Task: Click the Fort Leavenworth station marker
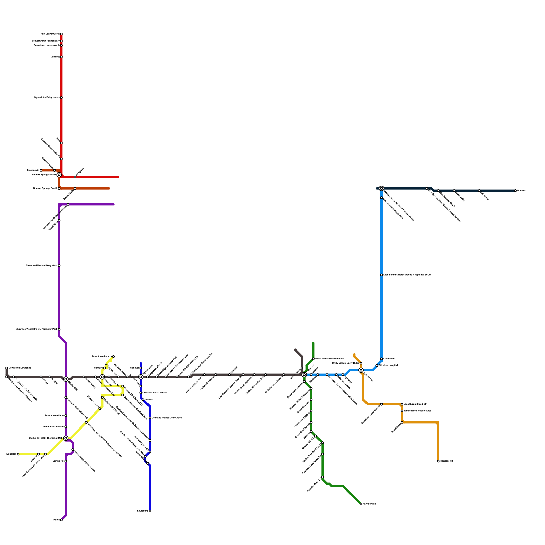61,34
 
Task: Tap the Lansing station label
55,57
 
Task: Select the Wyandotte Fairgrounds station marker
61,98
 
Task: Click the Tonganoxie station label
33,170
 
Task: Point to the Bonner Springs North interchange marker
59,175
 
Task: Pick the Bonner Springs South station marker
59,188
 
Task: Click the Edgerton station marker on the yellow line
18,454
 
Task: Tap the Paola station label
57,520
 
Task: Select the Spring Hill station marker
66,461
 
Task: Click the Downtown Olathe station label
54,416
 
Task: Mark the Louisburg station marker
150,511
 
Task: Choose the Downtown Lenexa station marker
113,357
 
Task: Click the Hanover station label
135,368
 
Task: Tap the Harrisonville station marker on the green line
361,504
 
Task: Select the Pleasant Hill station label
447,461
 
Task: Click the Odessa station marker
516,191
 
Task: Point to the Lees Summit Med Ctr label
415,404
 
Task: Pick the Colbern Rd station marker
381,359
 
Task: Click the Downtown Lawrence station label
20,368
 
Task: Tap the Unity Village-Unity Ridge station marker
361,363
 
